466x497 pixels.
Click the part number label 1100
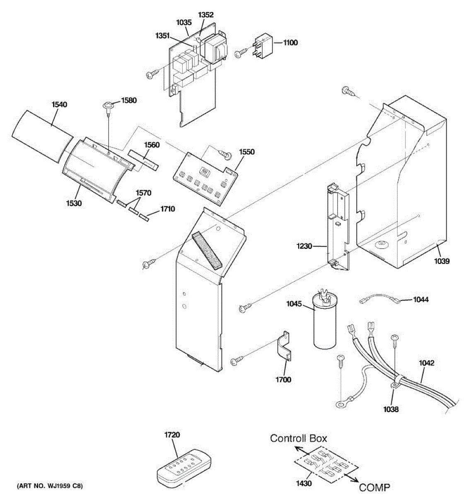[x=290, y=43]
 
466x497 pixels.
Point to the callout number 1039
[x=442, y=261]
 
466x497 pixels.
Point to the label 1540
[x=59, y=105]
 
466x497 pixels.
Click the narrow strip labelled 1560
[x=143, y=159]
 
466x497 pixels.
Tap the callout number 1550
[x=247, y=152]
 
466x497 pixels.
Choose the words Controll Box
[x=299, y=438]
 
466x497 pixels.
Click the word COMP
[x=374, y=487]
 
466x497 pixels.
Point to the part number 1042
[x=427, y=363]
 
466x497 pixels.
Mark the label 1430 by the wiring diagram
[x=304, y=483]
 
